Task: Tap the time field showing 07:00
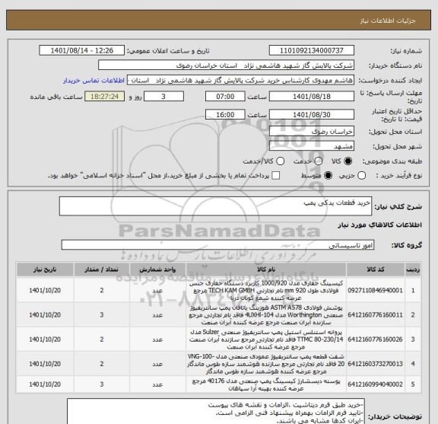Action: pos(226,97)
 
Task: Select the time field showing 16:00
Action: pos(226,114)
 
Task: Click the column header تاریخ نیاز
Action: pos(39,269)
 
